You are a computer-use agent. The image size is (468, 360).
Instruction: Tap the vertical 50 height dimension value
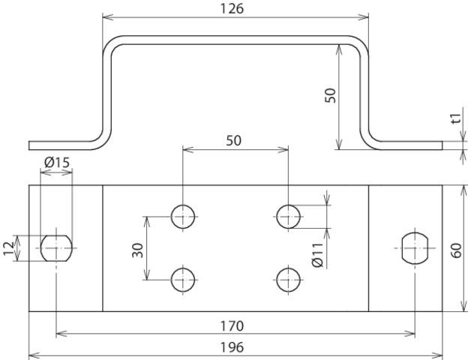[330, 94]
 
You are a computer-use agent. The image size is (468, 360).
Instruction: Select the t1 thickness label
[454, 118]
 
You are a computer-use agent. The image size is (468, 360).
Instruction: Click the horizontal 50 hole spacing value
[233, 140]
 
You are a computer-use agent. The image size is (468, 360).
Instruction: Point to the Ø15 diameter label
[56, 162]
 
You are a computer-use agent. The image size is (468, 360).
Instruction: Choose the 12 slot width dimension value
[9, 248]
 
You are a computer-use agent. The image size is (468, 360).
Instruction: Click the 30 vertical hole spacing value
[137, 249]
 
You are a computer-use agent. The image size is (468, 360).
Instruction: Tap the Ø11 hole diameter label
[318, 253]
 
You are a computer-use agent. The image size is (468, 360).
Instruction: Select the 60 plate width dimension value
[457, 249]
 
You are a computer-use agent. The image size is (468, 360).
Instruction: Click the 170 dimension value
[232, 326]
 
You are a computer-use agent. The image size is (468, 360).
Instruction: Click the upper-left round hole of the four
[182, 216]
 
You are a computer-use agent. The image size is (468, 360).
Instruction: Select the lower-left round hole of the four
[182, 280]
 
